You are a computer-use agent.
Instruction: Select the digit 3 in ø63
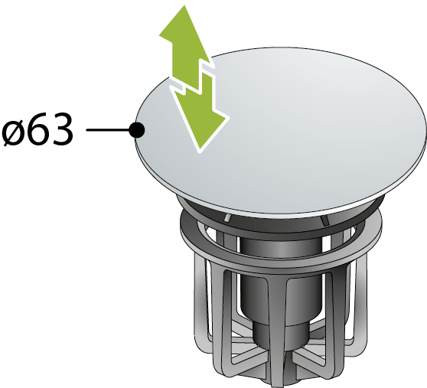[62, 129]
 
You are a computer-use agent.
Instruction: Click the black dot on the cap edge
[137, 130]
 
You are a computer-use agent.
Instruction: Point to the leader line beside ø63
[108, 130]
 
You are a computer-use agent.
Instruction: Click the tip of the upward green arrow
[184, 5]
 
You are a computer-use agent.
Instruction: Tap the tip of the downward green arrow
[200, 150]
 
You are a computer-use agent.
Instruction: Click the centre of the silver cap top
[281, 131]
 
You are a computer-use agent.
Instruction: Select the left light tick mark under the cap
[227, 217]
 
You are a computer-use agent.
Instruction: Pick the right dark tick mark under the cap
[324, 220]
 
